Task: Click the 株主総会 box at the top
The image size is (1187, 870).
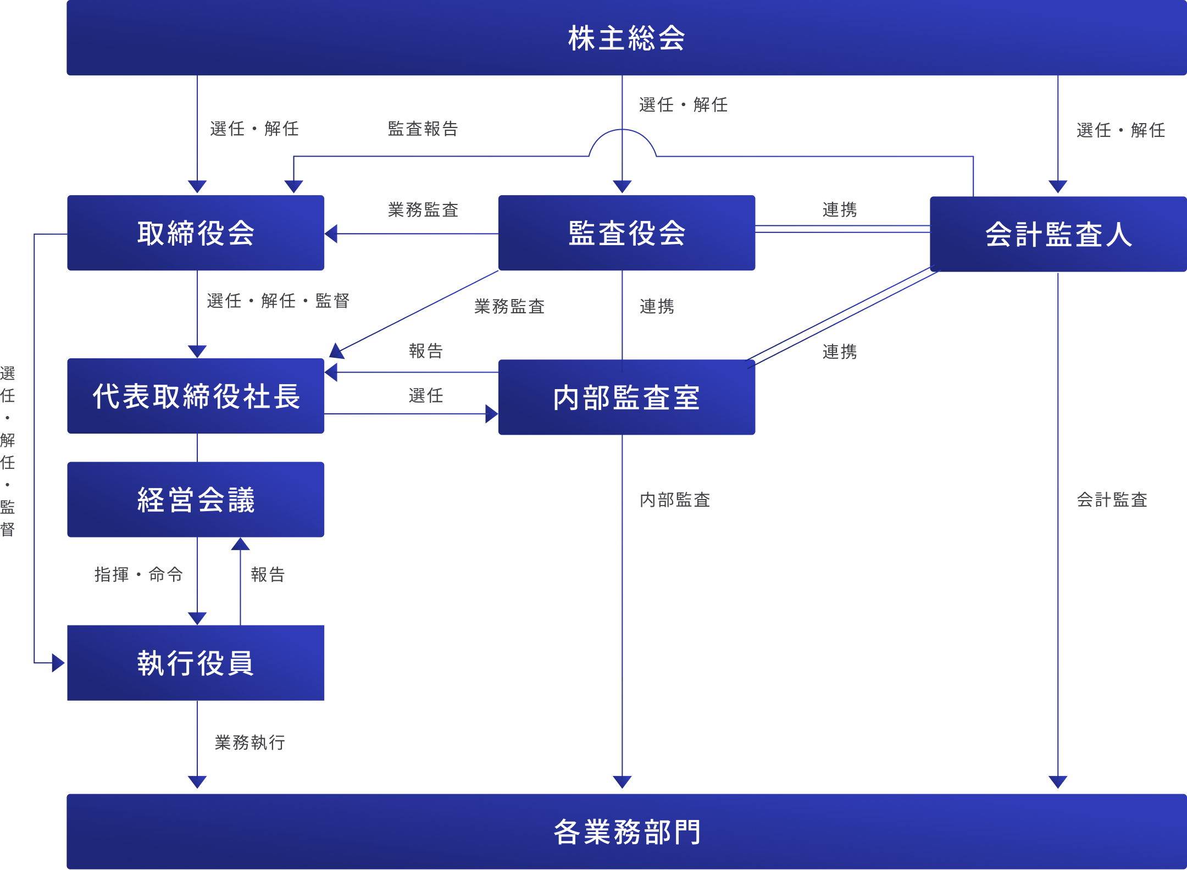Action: click(626, 38)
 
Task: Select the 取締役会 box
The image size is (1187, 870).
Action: click(196, 233)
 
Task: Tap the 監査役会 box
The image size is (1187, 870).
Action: click(626, 233)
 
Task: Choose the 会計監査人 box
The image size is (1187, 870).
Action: click(1058, 234)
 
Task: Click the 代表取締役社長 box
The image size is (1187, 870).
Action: click(196, 396)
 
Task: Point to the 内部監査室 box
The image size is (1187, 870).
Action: click(626, 397)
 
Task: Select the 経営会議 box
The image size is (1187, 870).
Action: click(196, 500)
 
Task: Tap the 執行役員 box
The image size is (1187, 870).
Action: click(196, 663)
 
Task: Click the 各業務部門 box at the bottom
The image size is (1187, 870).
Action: click(626, 832)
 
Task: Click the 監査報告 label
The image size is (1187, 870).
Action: click(423, 129)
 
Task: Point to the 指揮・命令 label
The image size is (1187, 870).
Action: click(138, 574)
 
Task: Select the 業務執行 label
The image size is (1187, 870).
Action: click(249, 742)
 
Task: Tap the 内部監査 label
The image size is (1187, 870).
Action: click(675, 500)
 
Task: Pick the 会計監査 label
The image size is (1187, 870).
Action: click(1112, 500)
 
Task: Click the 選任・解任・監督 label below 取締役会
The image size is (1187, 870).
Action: click(278, 301)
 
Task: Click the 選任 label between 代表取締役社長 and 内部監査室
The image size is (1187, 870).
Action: click(426, 395)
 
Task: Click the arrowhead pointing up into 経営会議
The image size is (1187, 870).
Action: click(240, 544)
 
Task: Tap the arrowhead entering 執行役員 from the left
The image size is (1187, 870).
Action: click(58, 663)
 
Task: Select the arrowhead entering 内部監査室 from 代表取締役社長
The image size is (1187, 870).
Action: click(492, 414)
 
